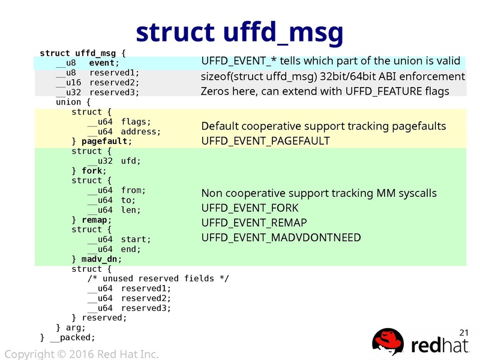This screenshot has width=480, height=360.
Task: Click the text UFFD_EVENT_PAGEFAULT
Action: click(265, 141)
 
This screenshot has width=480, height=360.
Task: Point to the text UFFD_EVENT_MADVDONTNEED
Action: click(281, 238)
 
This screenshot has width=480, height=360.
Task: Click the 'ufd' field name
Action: click(131, 161)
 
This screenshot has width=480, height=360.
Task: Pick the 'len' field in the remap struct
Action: click(131, 210)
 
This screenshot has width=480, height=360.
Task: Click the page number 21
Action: click(463, 332)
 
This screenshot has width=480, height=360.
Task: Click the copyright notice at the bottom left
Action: click(81, 354)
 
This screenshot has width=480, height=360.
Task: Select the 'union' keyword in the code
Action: click(68, 102)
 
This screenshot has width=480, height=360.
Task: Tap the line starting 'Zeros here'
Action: click(325, 91)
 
